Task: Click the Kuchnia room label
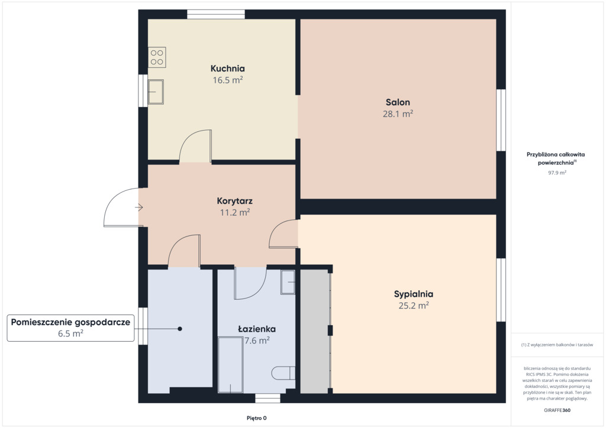(x=228, y=69)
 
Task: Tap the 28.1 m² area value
(x=398, y=114)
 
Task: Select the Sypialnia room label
(x=414, y=294)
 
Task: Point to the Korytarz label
(x=234, y=201)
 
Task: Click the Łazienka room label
(x=257, y=329)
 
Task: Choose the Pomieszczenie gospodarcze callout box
(x=71, y=328)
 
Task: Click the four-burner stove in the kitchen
(x=157, y=57)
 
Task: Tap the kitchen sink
(x=156, y=92)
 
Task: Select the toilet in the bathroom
(x=283, y=373)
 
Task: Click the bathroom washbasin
(x=288, y=282)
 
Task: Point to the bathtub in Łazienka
(x=230, y=365)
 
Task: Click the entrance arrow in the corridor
(x=138, y=207)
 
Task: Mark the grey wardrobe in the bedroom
(x=315, y=332)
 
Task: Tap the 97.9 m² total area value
(x=557, y=173)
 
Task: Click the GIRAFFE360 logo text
(x=557, y=410)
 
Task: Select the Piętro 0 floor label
(x=257, y=418)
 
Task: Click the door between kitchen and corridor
(x=195, y=146)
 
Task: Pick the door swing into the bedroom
(x=283, y=234)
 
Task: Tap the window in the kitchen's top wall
(x=216, y=14)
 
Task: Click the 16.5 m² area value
(x=228, y=80)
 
